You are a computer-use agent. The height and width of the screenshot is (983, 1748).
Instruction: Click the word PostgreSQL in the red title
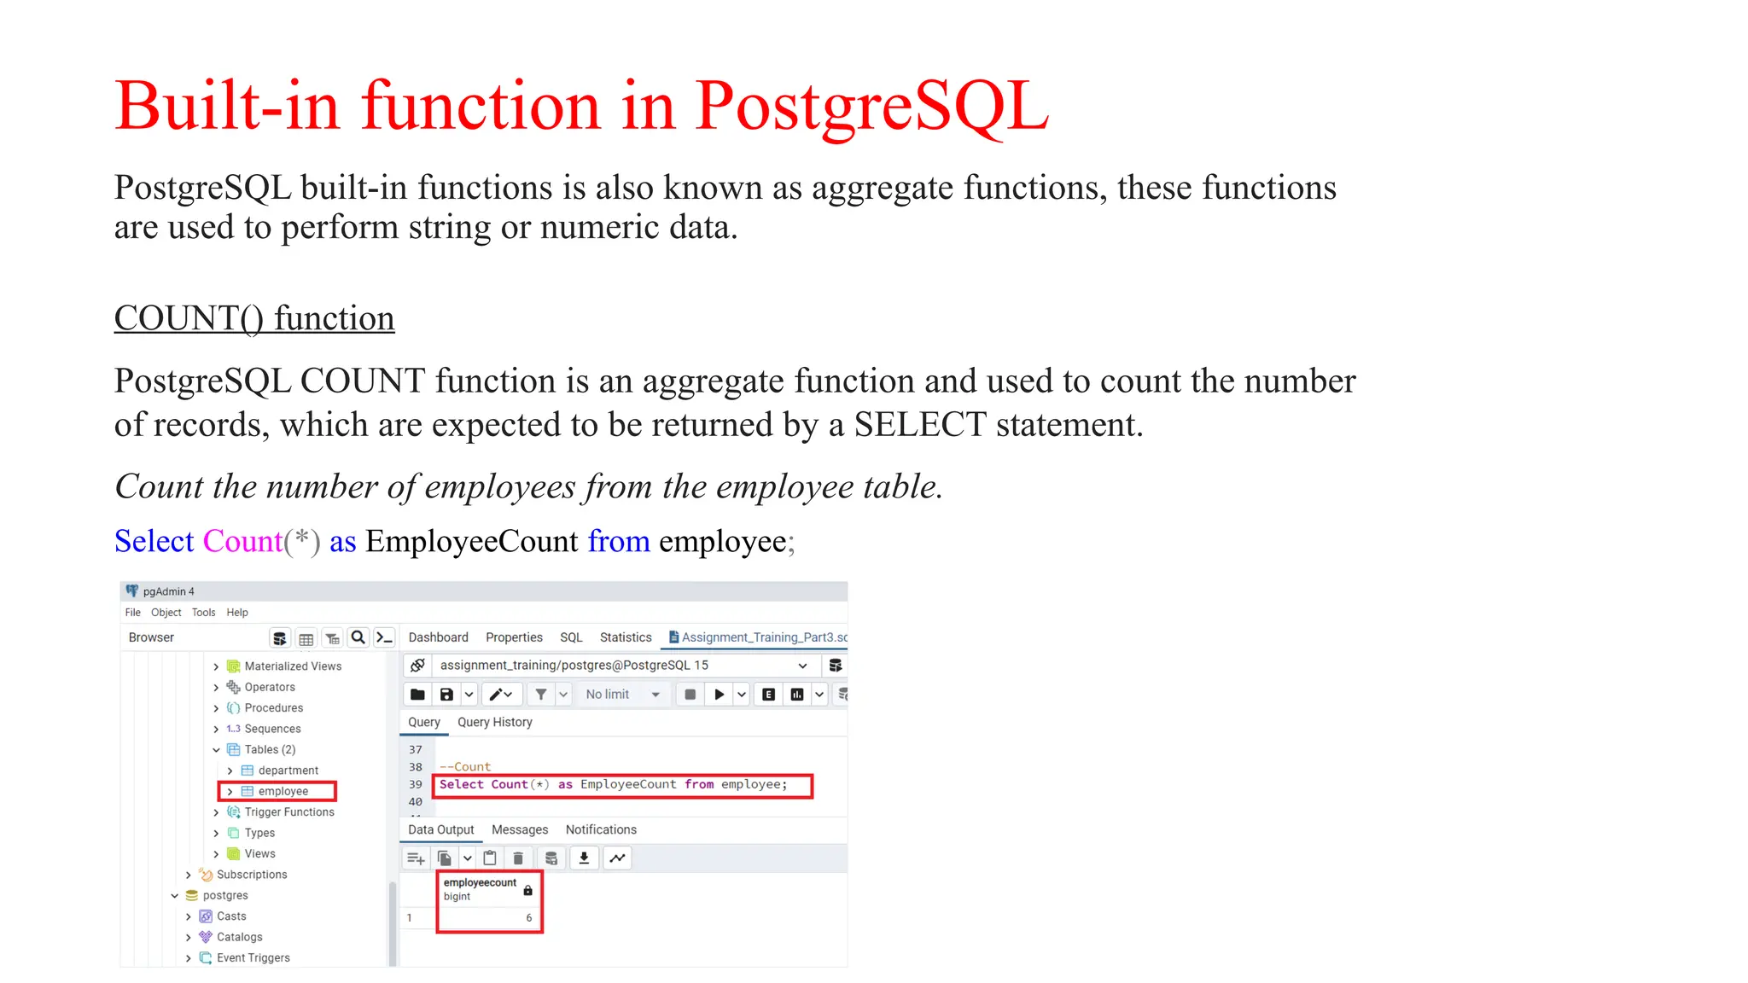[871, 107]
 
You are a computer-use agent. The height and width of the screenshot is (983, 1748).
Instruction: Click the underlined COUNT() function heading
[254, 318]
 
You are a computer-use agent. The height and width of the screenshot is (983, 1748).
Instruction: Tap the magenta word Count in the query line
[242, 541]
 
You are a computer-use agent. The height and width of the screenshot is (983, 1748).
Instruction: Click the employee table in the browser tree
[283, 791]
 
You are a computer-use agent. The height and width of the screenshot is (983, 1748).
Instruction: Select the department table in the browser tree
[288, 771]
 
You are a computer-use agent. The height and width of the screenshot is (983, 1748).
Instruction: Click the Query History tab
[494, 722]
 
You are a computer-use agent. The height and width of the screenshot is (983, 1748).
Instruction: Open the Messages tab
[519, 829]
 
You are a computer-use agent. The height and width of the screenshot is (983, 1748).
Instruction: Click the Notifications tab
[600, 829]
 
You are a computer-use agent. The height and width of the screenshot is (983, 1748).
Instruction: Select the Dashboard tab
[438, 637]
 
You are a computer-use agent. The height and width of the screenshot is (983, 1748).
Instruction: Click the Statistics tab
[625, 637]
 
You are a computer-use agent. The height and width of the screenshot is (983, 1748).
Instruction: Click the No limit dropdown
[622, 695]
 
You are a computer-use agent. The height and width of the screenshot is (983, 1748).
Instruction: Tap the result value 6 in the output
[528, 918]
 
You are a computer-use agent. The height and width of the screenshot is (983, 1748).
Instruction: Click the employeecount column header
[480, 883]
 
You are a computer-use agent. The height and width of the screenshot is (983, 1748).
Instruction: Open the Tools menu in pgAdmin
[203, 613]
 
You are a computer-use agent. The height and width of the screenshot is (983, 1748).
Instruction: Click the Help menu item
[237, 613]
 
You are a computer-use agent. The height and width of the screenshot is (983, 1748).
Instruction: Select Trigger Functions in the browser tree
[288, 812]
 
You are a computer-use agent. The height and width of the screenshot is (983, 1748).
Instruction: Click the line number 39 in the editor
[416, 784]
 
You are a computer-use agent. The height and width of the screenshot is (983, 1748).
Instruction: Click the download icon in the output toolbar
[584, 858]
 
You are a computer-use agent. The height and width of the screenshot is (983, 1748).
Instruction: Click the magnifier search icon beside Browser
[358, 637]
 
